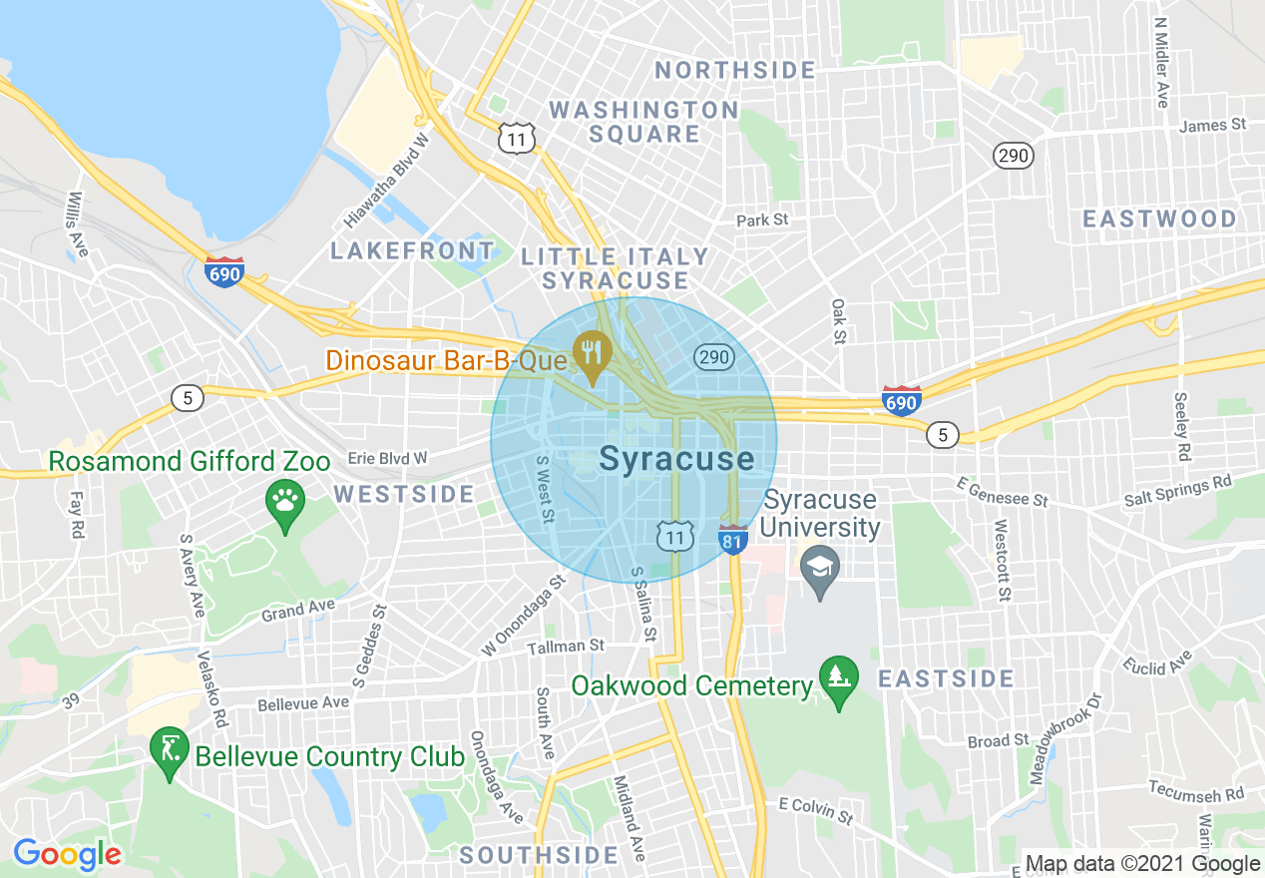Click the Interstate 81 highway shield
coord(732,539)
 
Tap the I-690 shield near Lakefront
coord(224,271)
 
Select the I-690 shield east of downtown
coord(901,400)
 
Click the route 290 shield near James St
coord(1013,156)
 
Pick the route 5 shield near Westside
coord(187,398)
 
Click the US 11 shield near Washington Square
coord(517,139)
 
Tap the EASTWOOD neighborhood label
coord(1159,219)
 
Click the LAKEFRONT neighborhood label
coord(412,250)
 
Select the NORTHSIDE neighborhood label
coord(735,70)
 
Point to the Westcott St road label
coord(1001,560)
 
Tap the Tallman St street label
coord(566,647)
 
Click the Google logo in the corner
coord(67,854)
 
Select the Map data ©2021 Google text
coord(1143,864)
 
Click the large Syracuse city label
coord(676,459)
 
